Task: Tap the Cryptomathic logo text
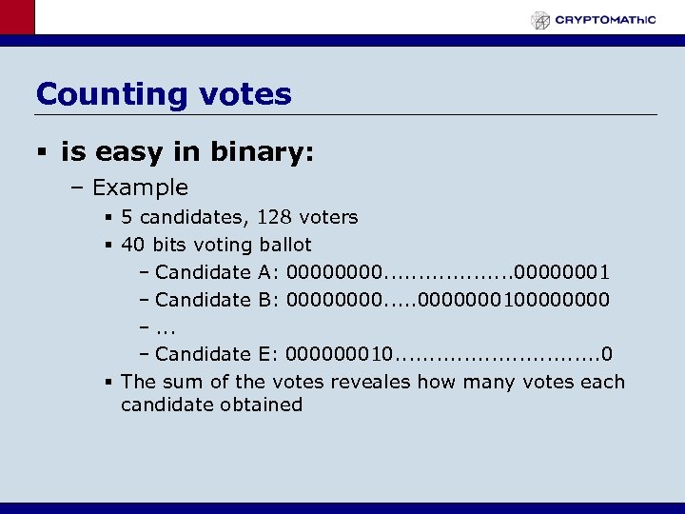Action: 605,19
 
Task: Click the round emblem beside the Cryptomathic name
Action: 540,20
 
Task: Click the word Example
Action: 141,188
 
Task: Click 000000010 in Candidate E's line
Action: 338,354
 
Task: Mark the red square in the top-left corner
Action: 17,17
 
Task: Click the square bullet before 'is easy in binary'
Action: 44,151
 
